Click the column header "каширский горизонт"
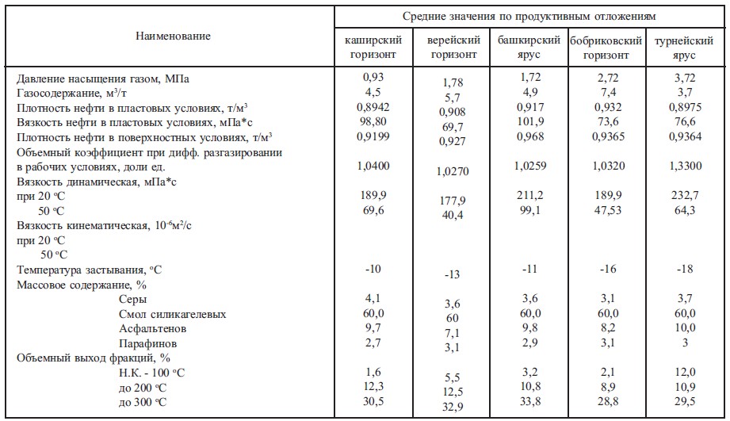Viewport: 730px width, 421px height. tap(373, 48)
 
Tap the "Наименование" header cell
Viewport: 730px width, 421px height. tap(173, 36)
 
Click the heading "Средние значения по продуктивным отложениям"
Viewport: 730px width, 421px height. tap(529, 16)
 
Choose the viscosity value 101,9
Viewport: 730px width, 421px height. tap(529, 122)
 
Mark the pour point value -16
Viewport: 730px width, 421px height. tap(606, 270)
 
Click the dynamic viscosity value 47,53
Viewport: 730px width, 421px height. tap(606, 210)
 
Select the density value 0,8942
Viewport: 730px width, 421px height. tap(373, 108)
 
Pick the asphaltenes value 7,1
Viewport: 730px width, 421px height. tap(451, 333)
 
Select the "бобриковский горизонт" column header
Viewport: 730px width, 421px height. tap(606, 48)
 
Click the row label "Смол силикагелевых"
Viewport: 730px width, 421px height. tap(172, 315)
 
